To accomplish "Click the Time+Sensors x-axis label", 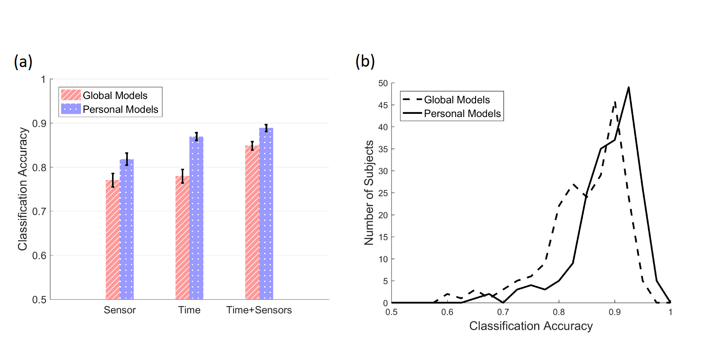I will coord(259,310).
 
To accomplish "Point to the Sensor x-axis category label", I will coord(120,310).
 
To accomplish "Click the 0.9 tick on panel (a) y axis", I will coord(39,123).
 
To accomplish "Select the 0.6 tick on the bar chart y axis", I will coord(39,256).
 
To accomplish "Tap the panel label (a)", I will coord(23,61).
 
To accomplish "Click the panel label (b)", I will coord(365,61).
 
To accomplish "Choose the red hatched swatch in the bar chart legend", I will coord(71,95).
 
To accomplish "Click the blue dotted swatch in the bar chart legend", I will coord(71,109).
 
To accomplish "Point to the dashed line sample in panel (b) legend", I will coord(412,99).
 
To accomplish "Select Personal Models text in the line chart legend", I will coord(462,113).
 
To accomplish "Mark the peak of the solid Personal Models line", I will coord(628,87).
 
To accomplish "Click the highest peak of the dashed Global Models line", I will coord(615,102).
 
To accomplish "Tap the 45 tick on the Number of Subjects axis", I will coord(383,105).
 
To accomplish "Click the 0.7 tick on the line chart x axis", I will coord(503,312).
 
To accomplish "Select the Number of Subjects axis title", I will coord(369,193).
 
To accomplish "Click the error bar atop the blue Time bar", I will coord(196,136).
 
